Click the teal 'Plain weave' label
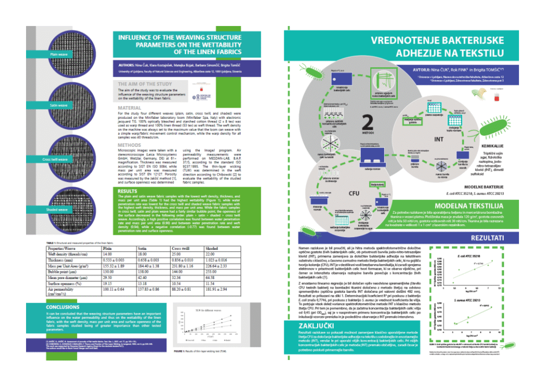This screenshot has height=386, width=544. tap(59, 54)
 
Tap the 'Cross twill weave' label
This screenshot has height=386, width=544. tap(56, 159)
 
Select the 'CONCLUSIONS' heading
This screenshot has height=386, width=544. tap(63, 307)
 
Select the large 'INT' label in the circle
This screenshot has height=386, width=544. tap(438, 140)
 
